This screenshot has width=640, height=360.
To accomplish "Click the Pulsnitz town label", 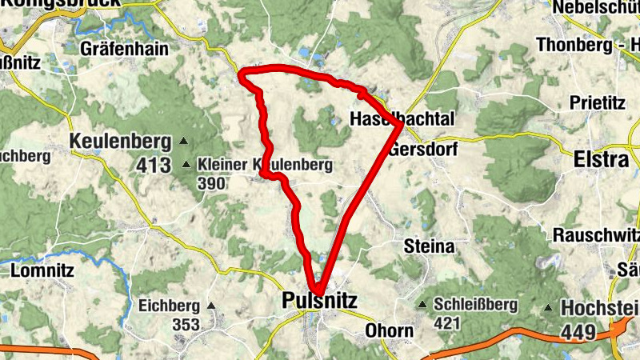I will point(320,300).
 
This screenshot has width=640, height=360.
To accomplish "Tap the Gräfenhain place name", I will point(124,49).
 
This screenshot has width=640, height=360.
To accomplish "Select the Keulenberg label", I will point(121,142).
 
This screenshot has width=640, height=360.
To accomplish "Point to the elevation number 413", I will point(154,166).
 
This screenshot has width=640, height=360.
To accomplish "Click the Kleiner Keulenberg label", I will point(264,165).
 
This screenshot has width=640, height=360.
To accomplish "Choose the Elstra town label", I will point(602,159).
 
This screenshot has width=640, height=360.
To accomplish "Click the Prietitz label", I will point(596,102).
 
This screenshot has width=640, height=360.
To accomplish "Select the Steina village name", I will point(430,245).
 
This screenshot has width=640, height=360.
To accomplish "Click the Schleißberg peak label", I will point(476,305).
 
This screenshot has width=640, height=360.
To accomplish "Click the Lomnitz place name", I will point(42,270).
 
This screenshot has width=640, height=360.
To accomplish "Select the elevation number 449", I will point(578,330).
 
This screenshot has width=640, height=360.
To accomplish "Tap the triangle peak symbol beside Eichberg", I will point(212,306).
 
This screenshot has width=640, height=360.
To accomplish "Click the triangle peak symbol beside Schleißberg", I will point(422,305).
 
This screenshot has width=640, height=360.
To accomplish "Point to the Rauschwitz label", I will point(596,235).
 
